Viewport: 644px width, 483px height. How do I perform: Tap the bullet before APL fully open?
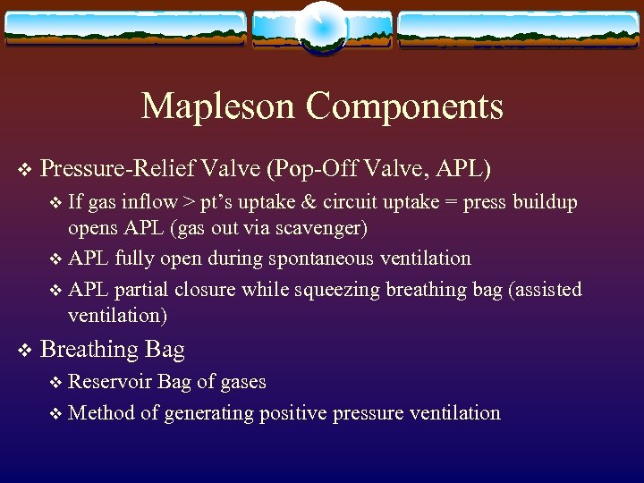tap(57, 259)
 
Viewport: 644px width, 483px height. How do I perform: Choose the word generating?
tap(212, 412)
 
